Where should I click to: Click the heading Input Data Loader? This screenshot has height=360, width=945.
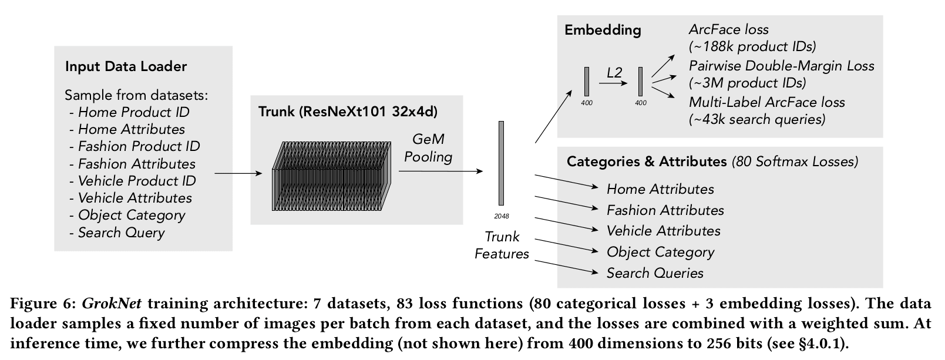pos(126,67)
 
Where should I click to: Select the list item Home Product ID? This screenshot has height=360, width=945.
pos(134,112)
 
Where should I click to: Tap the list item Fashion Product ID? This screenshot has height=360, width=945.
pos(139,146)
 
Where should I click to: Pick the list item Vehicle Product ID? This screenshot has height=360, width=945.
pos(137,181)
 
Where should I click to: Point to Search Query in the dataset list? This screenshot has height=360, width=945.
pos(122,233)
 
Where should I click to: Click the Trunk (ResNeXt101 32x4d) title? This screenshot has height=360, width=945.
pos(348,112)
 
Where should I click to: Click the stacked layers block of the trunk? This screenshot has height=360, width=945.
pos(332,176)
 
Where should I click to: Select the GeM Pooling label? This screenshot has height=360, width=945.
pos(428,148)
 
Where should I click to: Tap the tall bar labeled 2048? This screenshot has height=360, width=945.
pos(501,163)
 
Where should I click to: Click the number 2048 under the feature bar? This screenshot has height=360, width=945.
pos(502,217)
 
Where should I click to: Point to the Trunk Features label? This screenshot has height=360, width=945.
pos(502,245)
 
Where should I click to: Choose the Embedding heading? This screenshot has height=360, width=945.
pos(603,30)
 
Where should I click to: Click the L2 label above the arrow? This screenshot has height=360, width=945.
pos(614,73)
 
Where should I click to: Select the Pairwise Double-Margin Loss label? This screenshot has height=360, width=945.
pos(782,66)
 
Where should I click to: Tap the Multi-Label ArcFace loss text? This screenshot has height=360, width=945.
pos(767,103)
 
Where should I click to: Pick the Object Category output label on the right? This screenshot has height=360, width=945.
pos(661,253)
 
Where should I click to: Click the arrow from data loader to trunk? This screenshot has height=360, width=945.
pos(238,173)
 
